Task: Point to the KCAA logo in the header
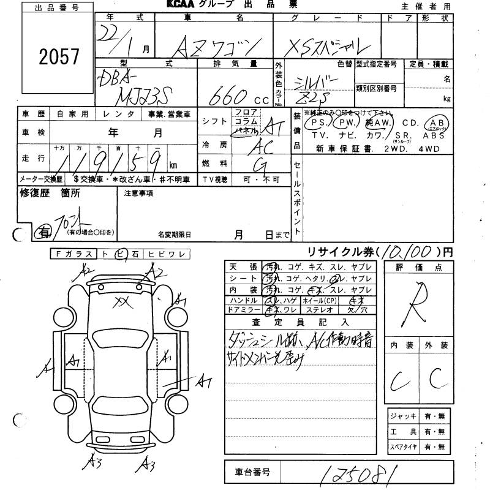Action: (183, 5)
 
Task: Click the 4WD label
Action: (438, 149)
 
